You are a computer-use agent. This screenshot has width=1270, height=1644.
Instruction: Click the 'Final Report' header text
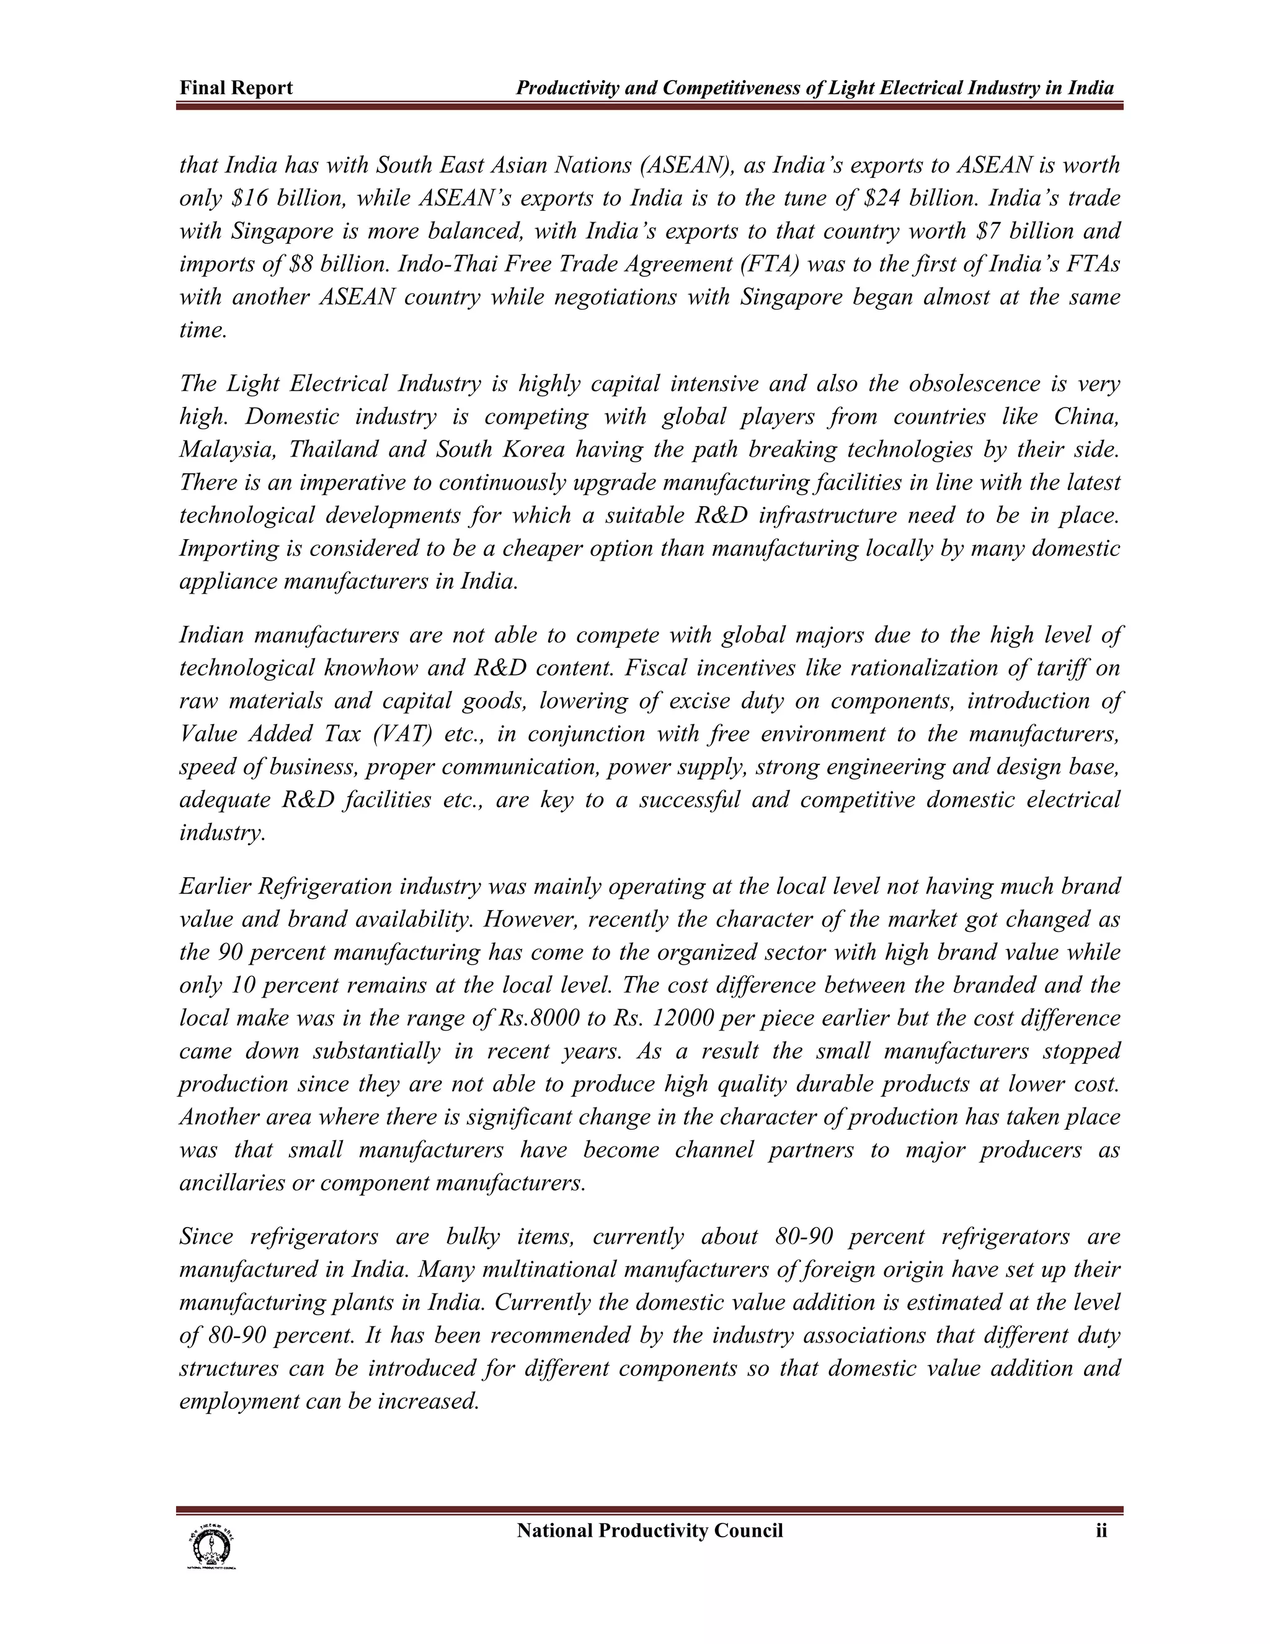click(x=236, y=88)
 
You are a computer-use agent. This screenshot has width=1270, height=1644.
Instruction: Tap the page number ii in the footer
click(x=1101, y=1530)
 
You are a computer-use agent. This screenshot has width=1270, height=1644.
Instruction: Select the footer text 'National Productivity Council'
click(x=649, y=1530)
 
